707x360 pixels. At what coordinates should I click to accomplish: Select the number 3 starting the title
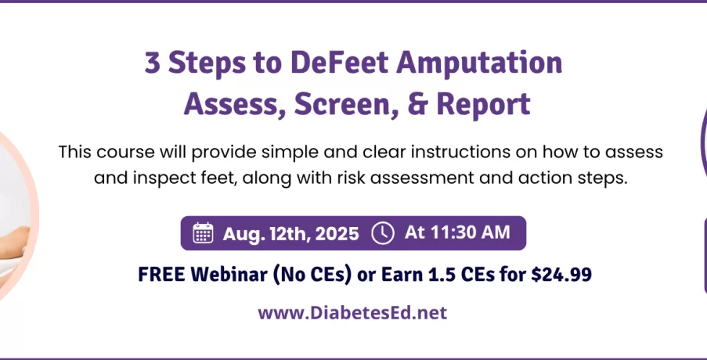click(153, 64)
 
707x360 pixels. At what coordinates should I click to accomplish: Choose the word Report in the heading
click(483, 106)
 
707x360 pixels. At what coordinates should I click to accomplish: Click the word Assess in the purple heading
click(234, 105)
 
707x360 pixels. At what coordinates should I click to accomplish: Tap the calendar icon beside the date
click(203, 233)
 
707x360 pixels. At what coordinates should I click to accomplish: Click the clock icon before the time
click(383, 233)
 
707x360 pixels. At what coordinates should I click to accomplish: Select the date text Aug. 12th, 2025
click(290, 234)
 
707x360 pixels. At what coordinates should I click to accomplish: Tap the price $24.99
click(561, 275)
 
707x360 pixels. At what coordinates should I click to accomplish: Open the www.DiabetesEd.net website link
click(352, 312)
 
